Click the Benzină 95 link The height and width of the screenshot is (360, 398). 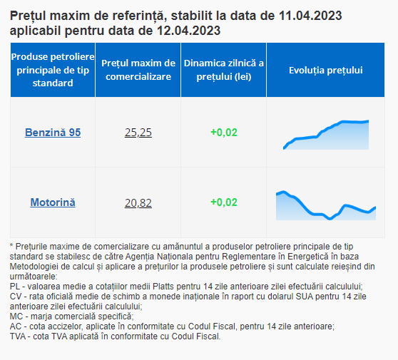[x=53, y=133]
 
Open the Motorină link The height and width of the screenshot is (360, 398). [x=53, y=202]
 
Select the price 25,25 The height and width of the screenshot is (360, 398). [x=138, y=133]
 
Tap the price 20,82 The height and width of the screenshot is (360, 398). [x=138, y=203]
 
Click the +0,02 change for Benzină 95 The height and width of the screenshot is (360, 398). [x=224, y=133]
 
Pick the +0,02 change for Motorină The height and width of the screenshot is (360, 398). [x=224, y=202]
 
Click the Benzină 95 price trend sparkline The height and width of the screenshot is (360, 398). [x=326, y=135]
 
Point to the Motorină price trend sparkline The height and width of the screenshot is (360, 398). [x=326, y=205]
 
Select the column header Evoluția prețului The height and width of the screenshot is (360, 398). [x=326, y=71]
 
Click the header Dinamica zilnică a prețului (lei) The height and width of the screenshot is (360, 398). [x=224, y=70]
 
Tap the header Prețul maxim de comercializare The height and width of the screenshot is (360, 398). [x=138, y=70]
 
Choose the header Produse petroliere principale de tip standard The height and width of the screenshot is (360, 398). [x=53, y=70]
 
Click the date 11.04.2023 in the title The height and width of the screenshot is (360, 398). [x=310, y=16]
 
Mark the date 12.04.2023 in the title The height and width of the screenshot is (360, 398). [x=188, y=31]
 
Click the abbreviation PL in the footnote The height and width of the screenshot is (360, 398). [x=15, y=287]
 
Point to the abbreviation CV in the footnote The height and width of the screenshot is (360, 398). [x=15, y=297]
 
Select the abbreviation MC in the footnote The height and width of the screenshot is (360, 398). [x=16, y=317]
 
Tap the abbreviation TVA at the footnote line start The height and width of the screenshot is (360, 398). [x=18, y=336]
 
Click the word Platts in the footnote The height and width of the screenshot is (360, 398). [x=163, y=287]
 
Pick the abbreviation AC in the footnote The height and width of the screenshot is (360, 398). [x=16, y=326]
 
